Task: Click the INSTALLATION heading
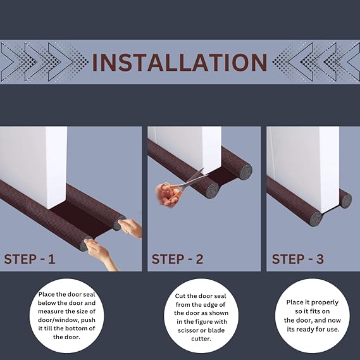pyautogui.click(x=180, y=63)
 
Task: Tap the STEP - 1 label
pyautogui.click(x=30, y=259)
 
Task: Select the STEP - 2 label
pyautogui.click(x=177, y=259)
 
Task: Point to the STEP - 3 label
pyautogui.click(x=298, y=259)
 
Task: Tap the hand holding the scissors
pyautogui.click(x=166, y=195)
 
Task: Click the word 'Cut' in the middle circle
pyautogui.click(x=180, y=296)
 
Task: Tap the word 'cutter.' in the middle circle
pyautogui.click(x=201, y=338)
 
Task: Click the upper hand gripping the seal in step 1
pyautogui.click(x=130, y=227)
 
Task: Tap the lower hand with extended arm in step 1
pyautogui.click(x=101, y=254)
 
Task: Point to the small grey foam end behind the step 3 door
pyautogui.click(x=345, y=201)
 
